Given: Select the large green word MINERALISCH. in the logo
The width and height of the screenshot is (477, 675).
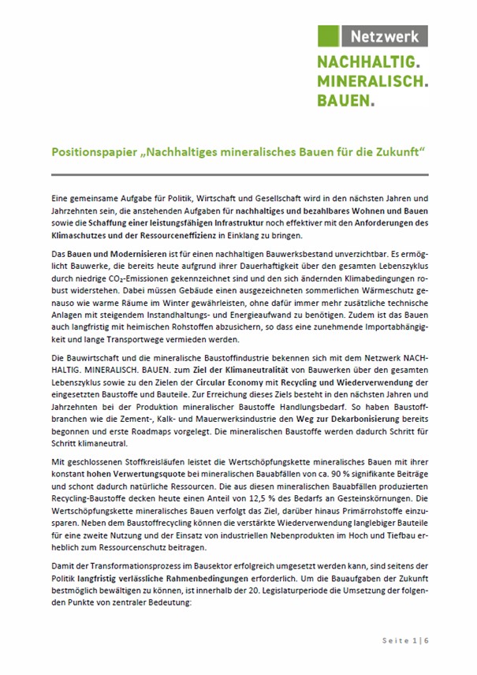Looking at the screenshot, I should (x=373, y=80).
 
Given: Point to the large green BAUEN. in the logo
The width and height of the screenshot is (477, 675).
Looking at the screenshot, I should (x=346, y=99).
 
